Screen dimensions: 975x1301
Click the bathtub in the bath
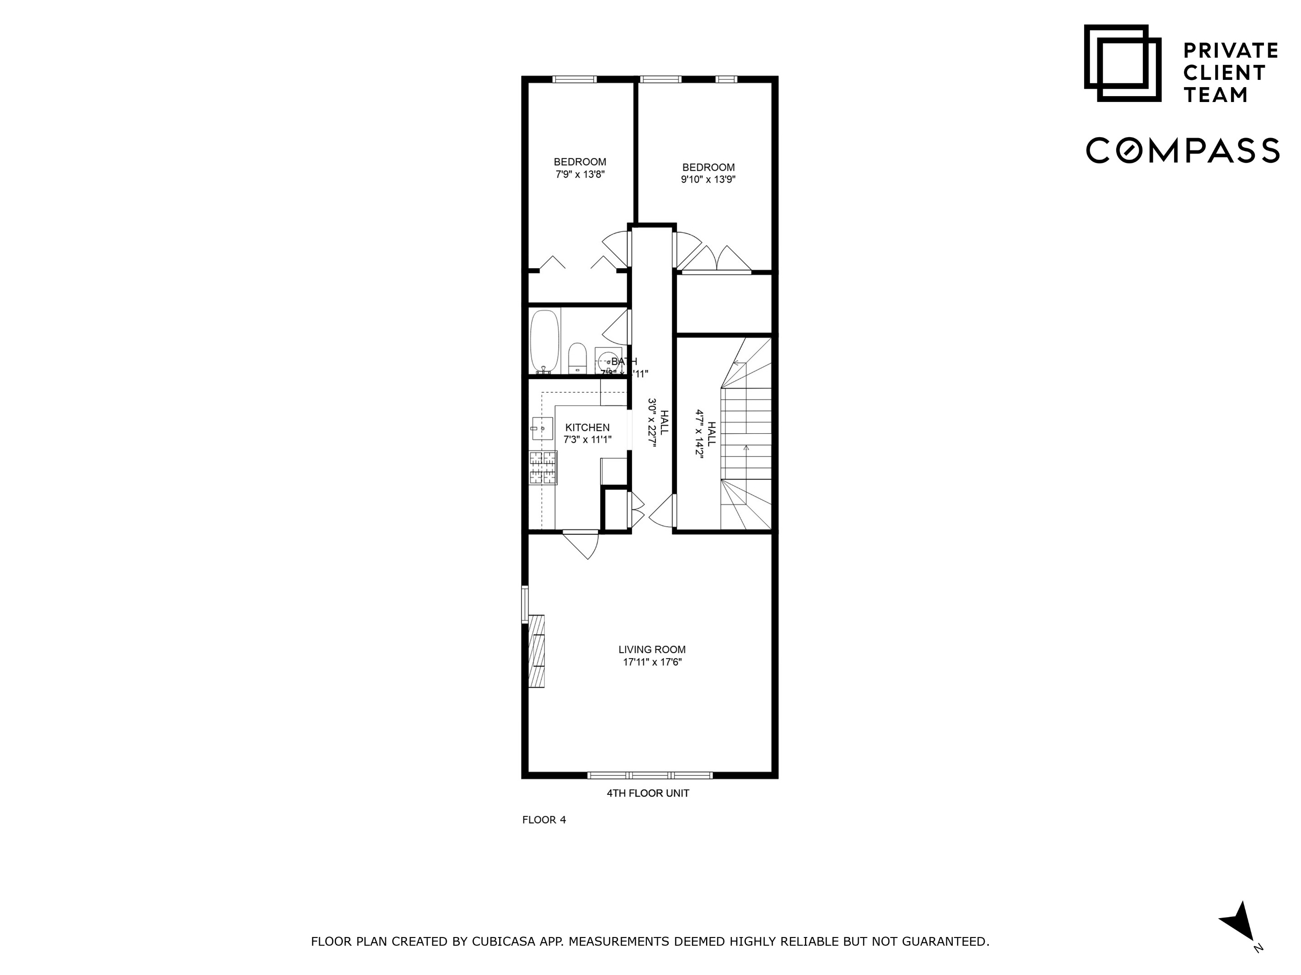point(544,341)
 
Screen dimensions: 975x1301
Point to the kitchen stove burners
point(543,468)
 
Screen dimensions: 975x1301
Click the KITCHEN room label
point(587,427)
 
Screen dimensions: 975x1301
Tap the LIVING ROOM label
point(652,650)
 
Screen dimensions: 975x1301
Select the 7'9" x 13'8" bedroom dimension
point(580,174)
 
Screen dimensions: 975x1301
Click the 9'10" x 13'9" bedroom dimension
point(708,179)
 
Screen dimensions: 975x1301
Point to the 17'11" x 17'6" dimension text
point(652,662)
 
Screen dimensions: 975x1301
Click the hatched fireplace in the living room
point(536,650)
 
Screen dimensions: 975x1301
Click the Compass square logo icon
point(1122,63)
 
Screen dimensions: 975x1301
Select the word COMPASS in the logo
point(1182,150)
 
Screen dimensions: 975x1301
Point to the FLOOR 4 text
point(544,820)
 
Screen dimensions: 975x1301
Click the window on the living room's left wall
point(524,604)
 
